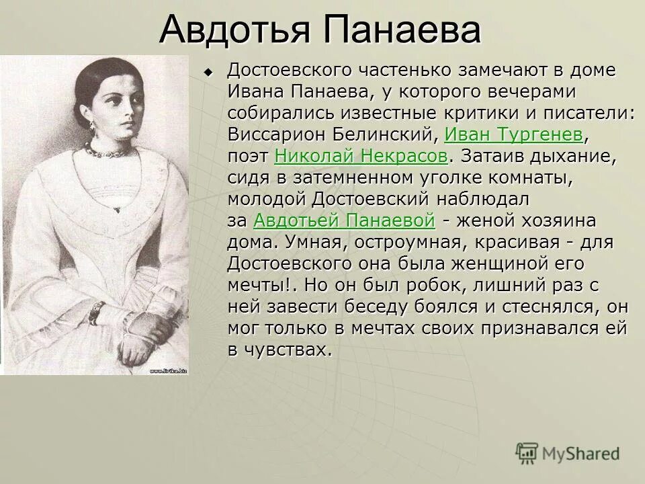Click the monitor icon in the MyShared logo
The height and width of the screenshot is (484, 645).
pyautogui.click(x=527, y=452)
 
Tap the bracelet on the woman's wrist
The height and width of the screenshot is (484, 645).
pyautogui.click(x=97, y=312)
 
